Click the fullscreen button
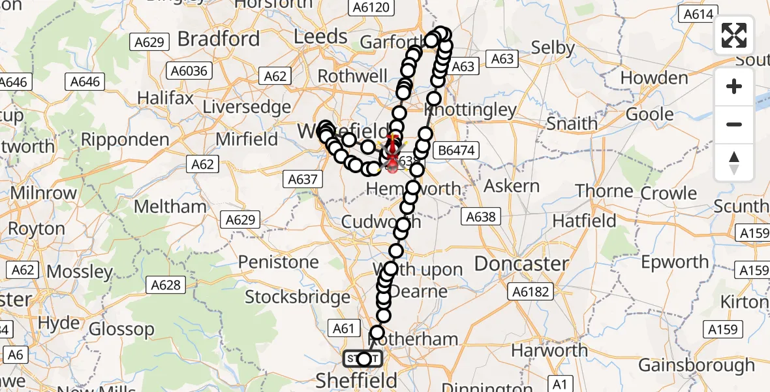click(734, 35)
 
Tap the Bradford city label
click(218, 39)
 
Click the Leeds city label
click(320, 36)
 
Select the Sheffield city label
click(356, 380)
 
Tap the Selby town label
click(553, 48)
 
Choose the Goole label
click(650, 114)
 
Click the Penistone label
click(279, 262)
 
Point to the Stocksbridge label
click(298, 297)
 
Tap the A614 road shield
click(698, 13)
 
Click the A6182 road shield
click(530, 291)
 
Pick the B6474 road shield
click(457, 150)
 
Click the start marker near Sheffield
click(363, 359)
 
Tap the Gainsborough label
click(696, 365)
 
